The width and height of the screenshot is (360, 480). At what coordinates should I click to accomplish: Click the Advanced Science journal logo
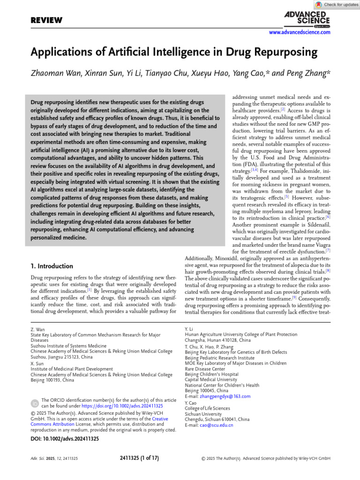coord(307,19)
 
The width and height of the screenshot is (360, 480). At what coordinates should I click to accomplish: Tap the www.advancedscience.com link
coord(299,32)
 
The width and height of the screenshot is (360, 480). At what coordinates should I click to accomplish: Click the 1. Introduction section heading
coord(52,266)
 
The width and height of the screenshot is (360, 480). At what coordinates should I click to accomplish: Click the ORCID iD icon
coord(35,403)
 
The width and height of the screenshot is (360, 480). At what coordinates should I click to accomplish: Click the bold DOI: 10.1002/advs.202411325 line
coord(65,439)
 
